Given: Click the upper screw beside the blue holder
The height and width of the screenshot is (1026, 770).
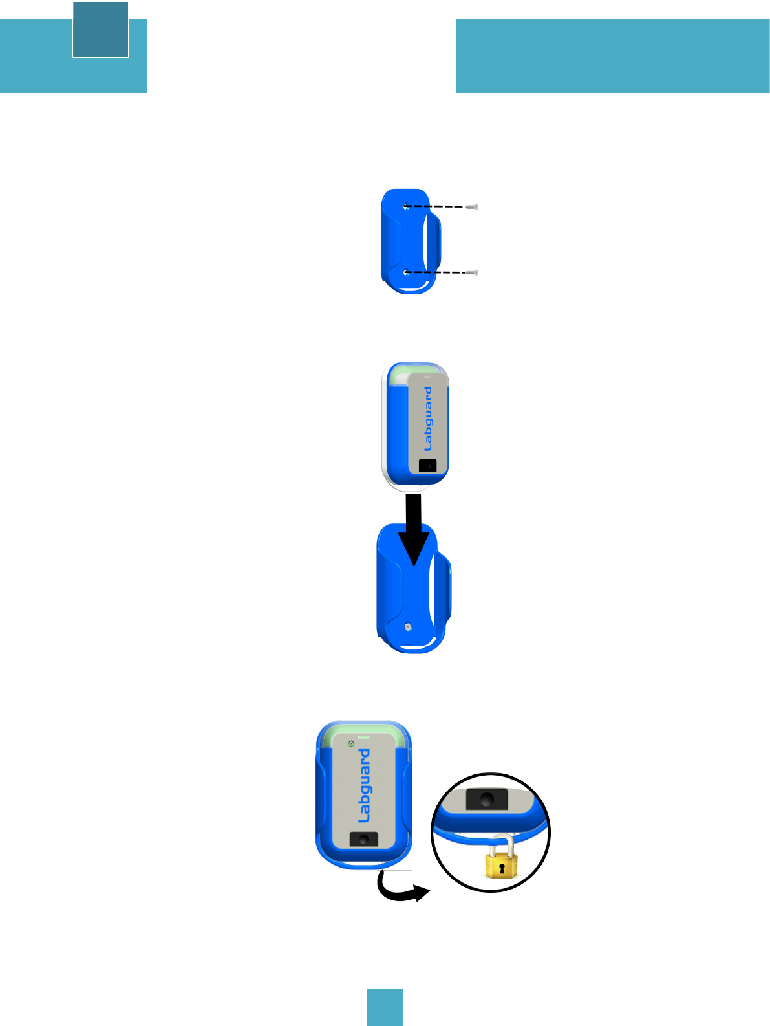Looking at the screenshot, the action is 473,207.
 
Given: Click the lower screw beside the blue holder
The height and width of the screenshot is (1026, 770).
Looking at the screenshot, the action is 473,272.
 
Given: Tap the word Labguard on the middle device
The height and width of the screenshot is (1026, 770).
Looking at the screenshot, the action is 428,419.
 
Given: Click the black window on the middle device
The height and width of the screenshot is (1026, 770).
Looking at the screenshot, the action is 427,465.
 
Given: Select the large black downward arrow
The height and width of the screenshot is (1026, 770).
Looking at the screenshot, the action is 414,530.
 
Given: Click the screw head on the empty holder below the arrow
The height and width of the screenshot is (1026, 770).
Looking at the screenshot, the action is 408,626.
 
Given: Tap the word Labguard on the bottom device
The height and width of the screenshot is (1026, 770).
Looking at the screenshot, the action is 365,785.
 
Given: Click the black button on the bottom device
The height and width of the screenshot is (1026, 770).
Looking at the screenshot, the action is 364,839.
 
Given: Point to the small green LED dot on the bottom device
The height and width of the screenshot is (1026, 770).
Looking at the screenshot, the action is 351,744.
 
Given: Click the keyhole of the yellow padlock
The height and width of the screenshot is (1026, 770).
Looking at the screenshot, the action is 501,867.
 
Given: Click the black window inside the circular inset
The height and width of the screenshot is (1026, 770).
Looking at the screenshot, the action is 487,799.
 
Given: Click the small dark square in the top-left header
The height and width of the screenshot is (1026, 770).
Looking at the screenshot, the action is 100,30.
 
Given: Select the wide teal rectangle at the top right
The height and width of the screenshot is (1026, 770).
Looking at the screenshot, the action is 612,56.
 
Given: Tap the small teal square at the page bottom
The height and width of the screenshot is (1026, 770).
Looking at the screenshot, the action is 385,1007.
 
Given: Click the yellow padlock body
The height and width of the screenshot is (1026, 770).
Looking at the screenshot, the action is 501,866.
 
